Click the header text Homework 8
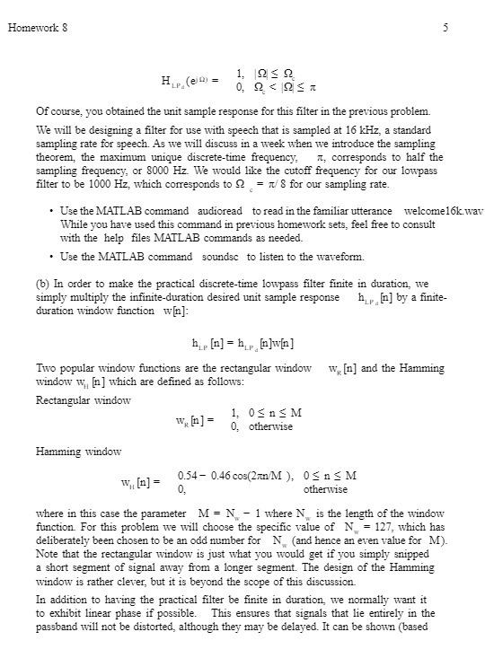tap(37, 27)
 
